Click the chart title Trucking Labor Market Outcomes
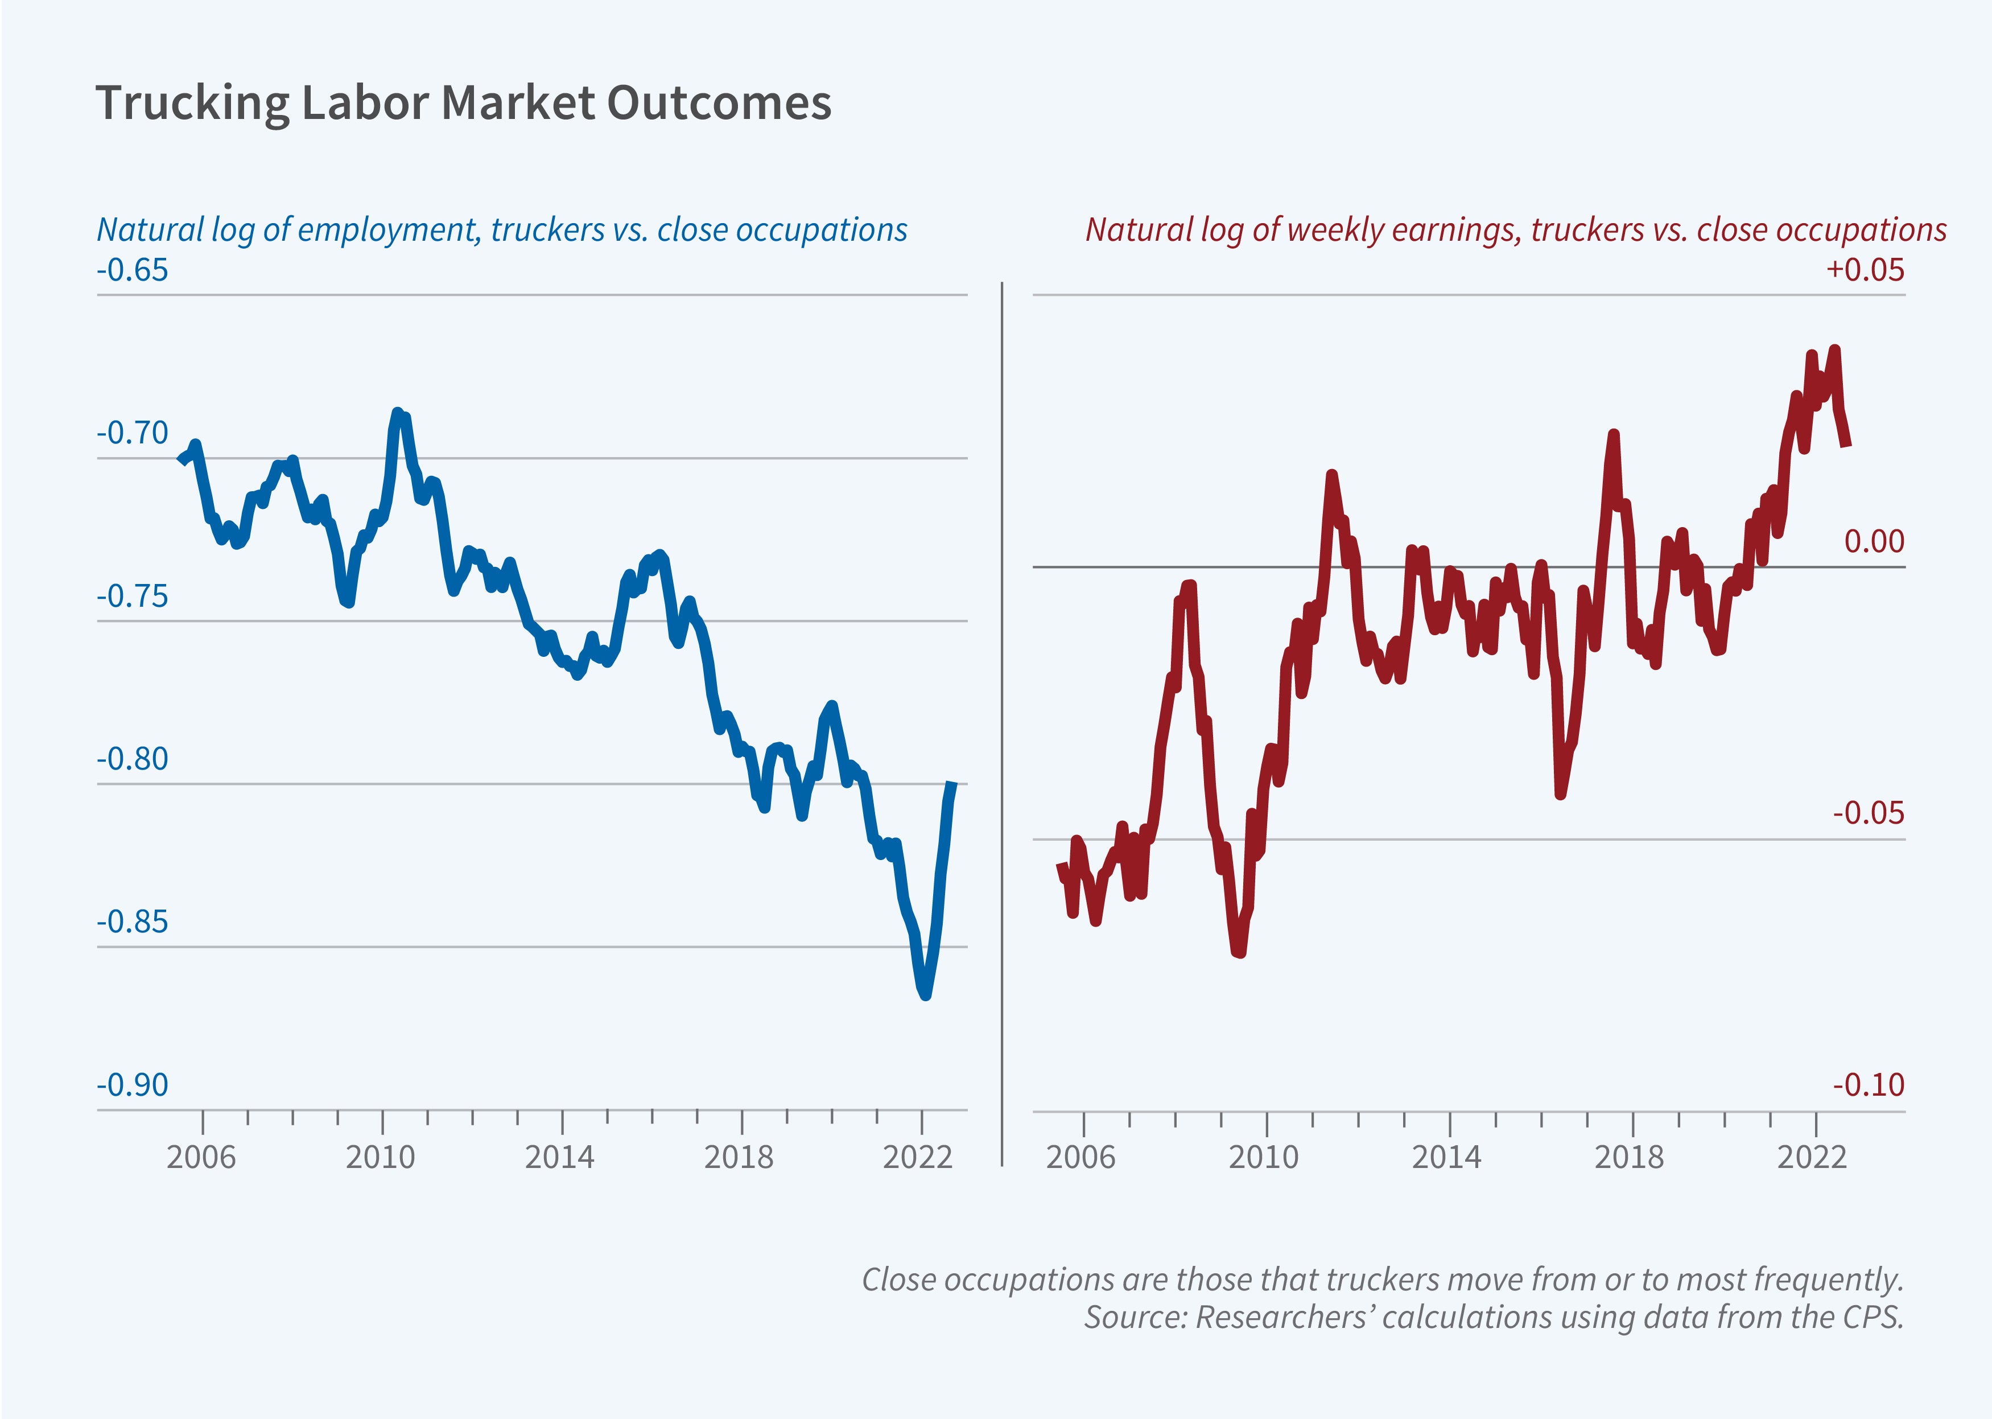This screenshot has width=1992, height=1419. pos(463,103)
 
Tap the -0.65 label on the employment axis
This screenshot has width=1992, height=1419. pos(132,270)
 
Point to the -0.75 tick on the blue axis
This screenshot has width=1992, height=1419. pos(132,597)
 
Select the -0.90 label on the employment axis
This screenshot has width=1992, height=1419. pos(132,1085)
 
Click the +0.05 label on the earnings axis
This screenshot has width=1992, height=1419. pos(1865,270)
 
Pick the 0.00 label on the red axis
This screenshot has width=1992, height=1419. pos(1873,542)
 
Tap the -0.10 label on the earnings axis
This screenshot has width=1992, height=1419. pos(1868,1085)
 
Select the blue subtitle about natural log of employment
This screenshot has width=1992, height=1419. pos(501,230)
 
